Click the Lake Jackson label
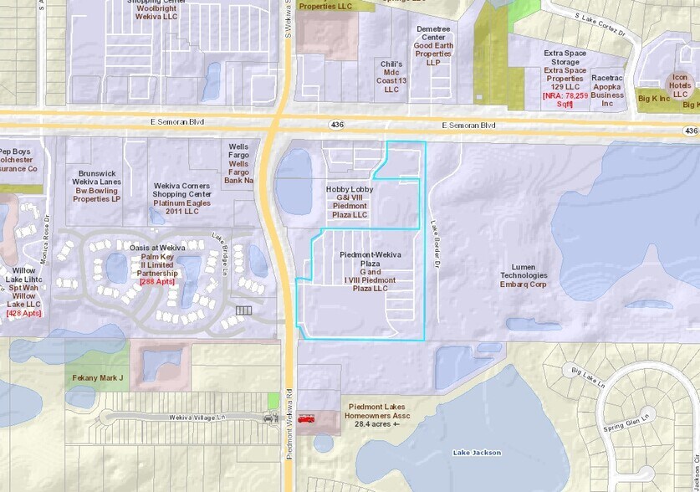(x=477, y=453)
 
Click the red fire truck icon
(x=305, y=419)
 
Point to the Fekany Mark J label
(x=98, y=378)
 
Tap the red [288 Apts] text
(x=157, y=282)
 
